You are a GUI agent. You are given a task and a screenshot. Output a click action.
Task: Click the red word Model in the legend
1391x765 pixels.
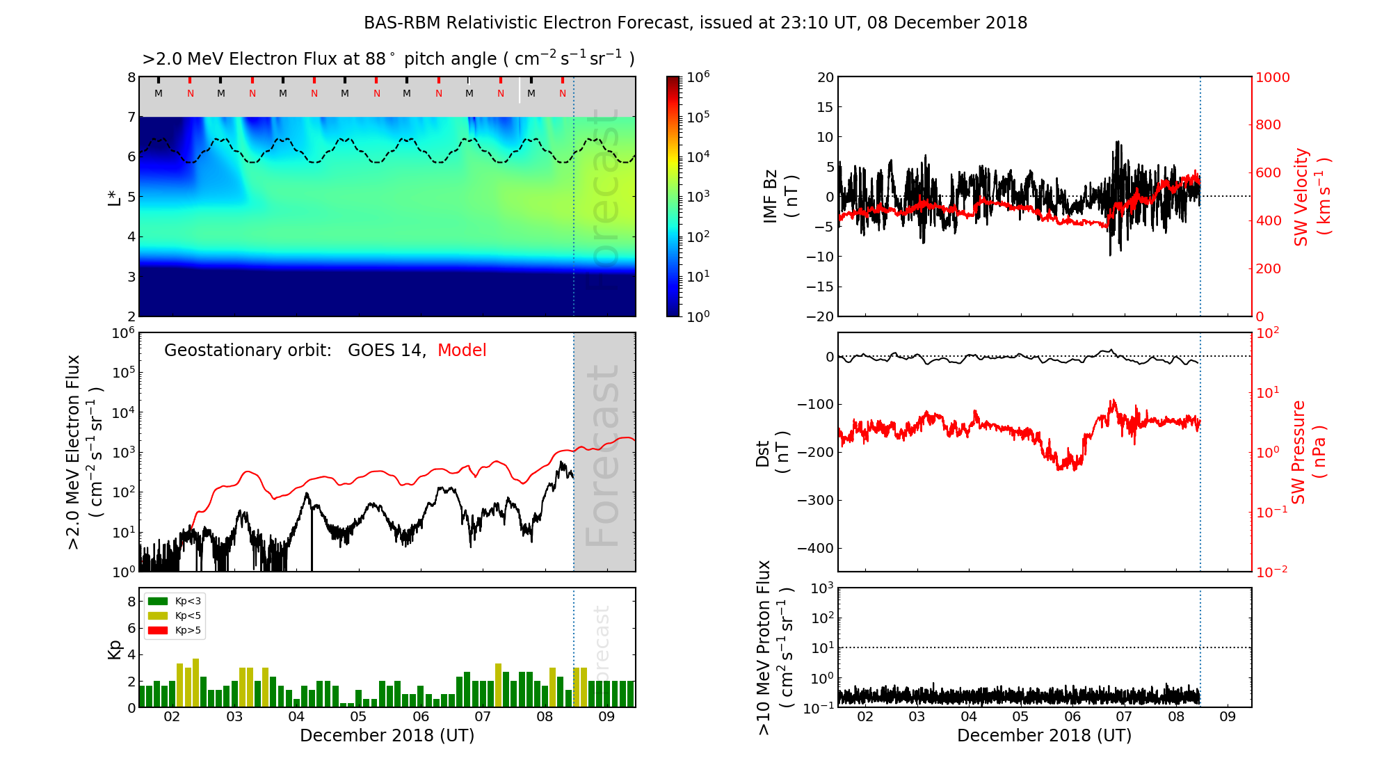[461, 351]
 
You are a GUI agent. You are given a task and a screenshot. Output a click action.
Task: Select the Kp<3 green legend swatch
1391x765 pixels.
[158, 601]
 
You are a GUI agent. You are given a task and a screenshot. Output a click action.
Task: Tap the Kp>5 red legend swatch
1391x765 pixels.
[158, 630]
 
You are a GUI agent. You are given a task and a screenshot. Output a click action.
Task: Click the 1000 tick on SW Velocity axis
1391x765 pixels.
[1272, 77]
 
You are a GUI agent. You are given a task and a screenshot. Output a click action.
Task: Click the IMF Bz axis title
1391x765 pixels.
[780, 197]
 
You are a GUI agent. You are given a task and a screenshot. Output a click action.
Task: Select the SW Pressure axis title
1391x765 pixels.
[1308, 452]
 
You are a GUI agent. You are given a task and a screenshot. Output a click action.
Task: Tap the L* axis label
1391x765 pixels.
[115, 196]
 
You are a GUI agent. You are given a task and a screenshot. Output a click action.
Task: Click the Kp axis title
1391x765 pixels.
[115, 649]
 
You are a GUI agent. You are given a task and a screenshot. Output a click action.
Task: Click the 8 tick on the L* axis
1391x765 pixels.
[131, 77]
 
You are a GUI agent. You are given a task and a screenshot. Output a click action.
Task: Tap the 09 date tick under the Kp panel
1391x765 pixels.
[606, 717]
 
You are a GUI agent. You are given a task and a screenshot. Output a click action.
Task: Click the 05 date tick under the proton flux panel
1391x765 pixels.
[1020, 717]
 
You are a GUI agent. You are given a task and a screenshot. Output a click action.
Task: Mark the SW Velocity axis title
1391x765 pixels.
[1311, 197]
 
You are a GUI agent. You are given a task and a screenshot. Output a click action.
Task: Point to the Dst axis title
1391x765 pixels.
[771, 452]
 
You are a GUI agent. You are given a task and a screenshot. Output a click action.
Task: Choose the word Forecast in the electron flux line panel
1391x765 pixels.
[603, 456]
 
